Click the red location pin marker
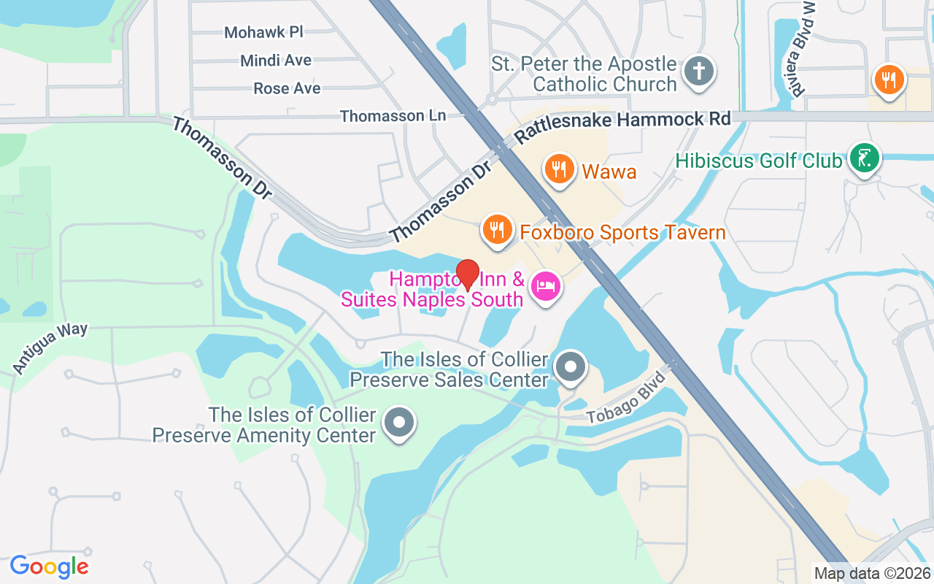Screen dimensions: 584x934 coord(467,274)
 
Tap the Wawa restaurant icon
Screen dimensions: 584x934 coord(559,169)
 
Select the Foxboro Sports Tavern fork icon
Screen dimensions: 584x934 coord(497,230)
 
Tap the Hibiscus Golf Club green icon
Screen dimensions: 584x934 coord(865,158)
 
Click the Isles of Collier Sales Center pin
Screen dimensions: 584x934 coord(571,366)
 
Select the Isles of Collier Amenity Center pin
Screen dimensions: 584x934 coord(398,423)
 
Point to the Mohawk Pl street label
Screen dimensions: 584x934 coord(263,32)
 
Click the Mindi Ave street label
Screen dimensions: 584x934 coord(276,61)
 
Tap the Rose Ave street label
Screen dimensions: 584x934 coord(287,88)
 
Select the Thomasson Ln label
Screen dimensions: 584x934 coord(393,116)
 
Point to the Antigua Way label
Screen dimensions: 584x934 coord(50,349)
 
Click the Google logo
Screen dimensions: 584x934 coord(49,566)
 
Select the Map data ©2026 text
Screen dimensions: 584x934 coord(872,573)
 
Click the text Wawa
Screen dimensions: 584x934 coord(609,172)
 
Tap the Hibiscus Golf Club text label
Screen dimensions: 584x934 coord(758,160)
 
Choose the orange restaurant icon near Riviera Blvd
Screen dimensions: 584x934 coord(888,80)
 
